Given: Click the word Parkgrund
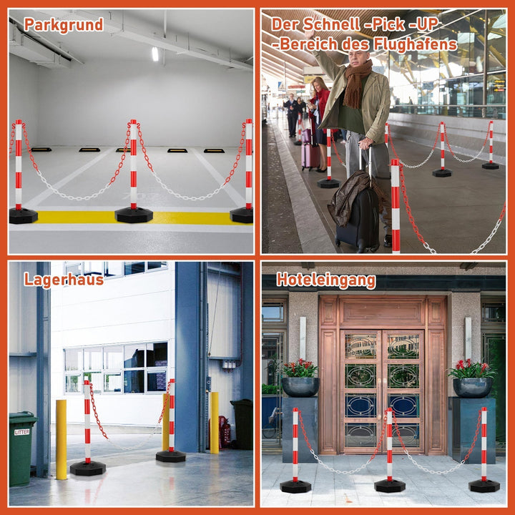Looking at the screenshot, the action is click(x=64, y=24).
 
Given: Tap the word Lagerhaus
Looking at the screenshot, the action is click(x=64, y=280).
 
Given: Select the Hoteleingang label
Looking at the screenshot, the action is click(x=326, y=280).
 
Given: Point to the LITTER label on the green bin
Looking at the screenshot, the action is click(x=22, y=432).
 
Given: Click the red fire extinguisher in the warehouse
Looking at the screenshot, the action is click(x=225, y=432).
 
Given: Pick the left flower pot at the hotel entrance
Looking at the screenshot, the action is click(x=300, y=387).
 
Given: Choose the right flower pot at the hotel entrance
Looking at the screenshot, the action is click(x=472, y=388).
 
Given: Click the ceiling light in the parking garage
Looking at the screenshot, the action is click(x=155, y=54).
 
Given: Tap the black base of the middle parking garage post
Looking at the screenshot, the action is click(x=134, y=215).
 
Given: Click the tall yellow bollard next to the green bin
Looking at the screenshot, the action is click(x=61, y=439).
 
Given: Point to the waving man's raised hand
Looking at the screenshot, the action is click(x=309, y=33).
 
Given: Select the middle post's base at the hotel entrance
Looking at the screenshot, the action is click(x=390, y=486).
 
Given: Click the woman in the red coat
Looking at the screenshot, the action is click(x=320, y=124).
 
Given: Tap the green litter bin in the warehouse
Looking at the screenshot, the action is click(x=22, y=449).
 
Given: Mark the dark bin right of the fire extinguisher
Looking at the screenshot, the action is click(x=242, y=424).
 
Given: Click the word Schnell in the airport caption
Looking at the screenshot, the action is click(x=331, y=24).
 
